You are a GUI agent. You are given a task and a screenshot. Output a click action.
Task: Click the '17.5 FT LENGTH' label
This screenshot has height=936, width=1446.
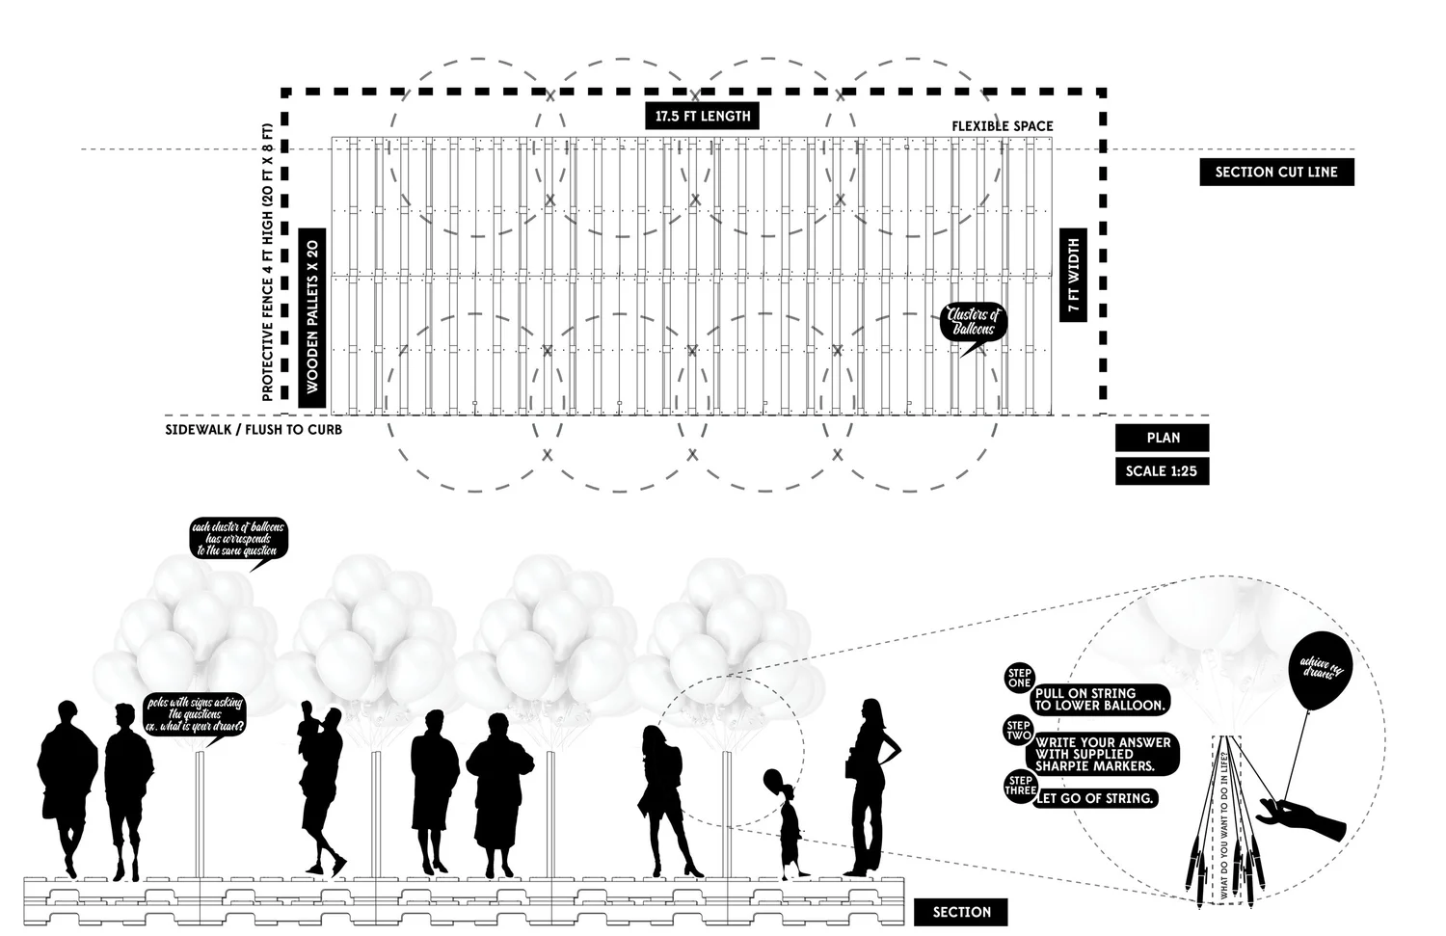click(x=702, y=116)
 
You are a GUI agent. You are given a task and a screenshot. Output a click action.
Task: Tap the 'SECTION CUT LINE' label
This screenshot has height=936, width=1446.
click(x=1276, y=173)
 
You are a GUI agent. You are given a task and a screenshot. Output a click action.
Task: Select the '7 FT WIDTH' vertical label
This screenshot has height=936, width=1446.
click(x=1073, y=276)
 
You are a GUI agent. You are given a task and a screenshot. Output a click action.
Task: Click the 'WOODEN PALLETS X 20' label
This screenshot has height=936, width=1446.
click(x=312, y=318)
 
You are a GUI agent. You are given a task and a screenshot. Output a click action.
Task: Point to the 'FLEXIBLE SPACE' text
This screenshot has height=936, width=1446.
click(x=1003, y=126)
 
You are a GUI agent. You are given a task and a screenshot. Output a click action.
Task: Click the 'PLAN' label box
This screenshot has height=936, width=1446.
click(x=1163, y=438)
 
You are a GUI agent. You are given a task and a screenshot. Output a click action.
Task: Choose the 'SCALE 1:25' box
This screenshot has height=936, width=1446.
click(x=1162, y=471)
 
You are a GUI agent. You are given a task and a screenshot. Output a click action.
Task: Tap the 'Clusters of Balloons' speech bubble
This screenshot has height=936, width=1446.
click(x=974, y=323)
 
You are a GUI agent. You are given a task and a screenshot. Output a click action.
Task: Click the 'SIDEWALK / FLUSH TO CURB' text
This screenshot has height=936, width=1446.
click(x=254, y=429)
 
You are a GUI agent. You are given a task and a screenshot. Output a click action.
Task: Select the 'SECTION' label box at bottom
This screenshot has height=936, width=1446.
click(x=961, y=912)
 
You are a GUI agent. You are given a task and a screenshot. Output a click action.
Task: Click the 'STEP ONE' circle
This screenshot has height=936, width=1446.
click(x=1019, y=677)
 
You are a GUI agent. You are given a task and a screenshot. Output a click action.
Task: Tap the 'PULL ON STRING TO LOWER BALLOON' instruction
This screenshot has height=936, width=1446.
click(x=1100, y=699)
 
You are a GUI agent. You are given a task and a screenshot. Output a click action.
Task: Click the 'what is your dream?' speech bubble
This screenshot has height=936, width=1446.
click(x=195, y=714)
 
